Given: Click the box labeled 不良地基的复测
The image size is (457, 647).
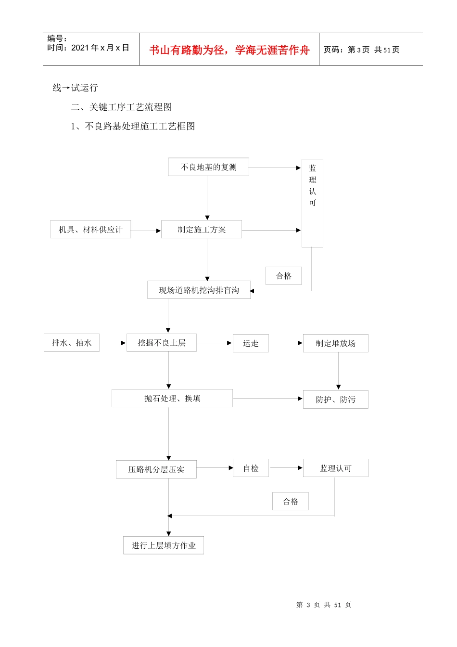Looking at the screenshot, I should click(208, 167).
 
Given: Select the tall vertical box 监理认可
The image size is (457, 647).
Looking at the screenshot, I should click(312, 203).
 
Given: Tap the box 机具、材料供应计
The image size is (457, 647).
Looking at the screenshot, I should click(90, 230).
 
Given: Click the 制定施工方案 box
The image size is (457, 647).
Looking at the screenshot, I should click(202, 230).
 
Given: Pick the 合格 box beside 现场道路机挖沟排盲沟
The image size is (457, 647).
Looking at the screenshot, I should click(283, 276).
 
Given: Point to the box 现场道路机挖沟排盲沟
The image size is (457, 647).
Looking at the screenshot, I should click(199, 290).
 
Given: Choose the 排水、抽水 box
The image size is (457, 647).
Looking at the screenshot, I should click(72, 343).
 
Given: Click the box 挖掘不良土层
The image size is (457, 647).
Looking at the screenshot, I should click(162, 343).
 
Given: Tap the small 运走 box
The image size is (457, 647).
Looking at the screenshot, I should click(251, 343).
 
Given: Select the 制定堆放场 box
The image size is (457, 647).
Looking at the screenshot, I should click(335, 343).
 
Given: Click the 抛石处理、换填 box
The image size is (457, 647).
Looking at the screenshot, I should click(172, 398).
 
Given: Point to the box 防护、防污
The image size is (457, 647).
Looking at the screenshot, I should click(335, 400).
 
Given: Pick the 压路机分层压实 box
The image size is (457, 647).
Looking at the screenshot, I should click(156, 469).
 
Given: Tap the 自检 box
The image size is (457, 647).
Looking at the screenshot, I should click(251, 468).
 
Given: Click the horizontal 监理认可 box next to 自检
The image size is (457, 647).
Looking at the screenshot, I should click(335, 468).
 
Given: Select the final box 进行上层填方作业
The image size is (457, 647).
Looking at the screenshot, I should click(164, 545).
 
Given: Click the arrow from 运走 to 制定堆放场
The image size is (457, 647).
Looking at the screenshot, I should click(286, 343).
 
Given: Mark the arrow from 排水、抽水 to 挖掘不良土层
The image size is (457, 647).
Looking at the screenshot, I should click(113, 343).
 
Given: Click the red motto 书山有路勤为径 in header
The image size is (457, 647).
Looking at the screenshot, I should click(229, 50).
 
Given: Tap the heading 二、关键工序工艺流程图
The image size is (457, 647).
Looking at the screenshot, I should click(121, 107).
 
